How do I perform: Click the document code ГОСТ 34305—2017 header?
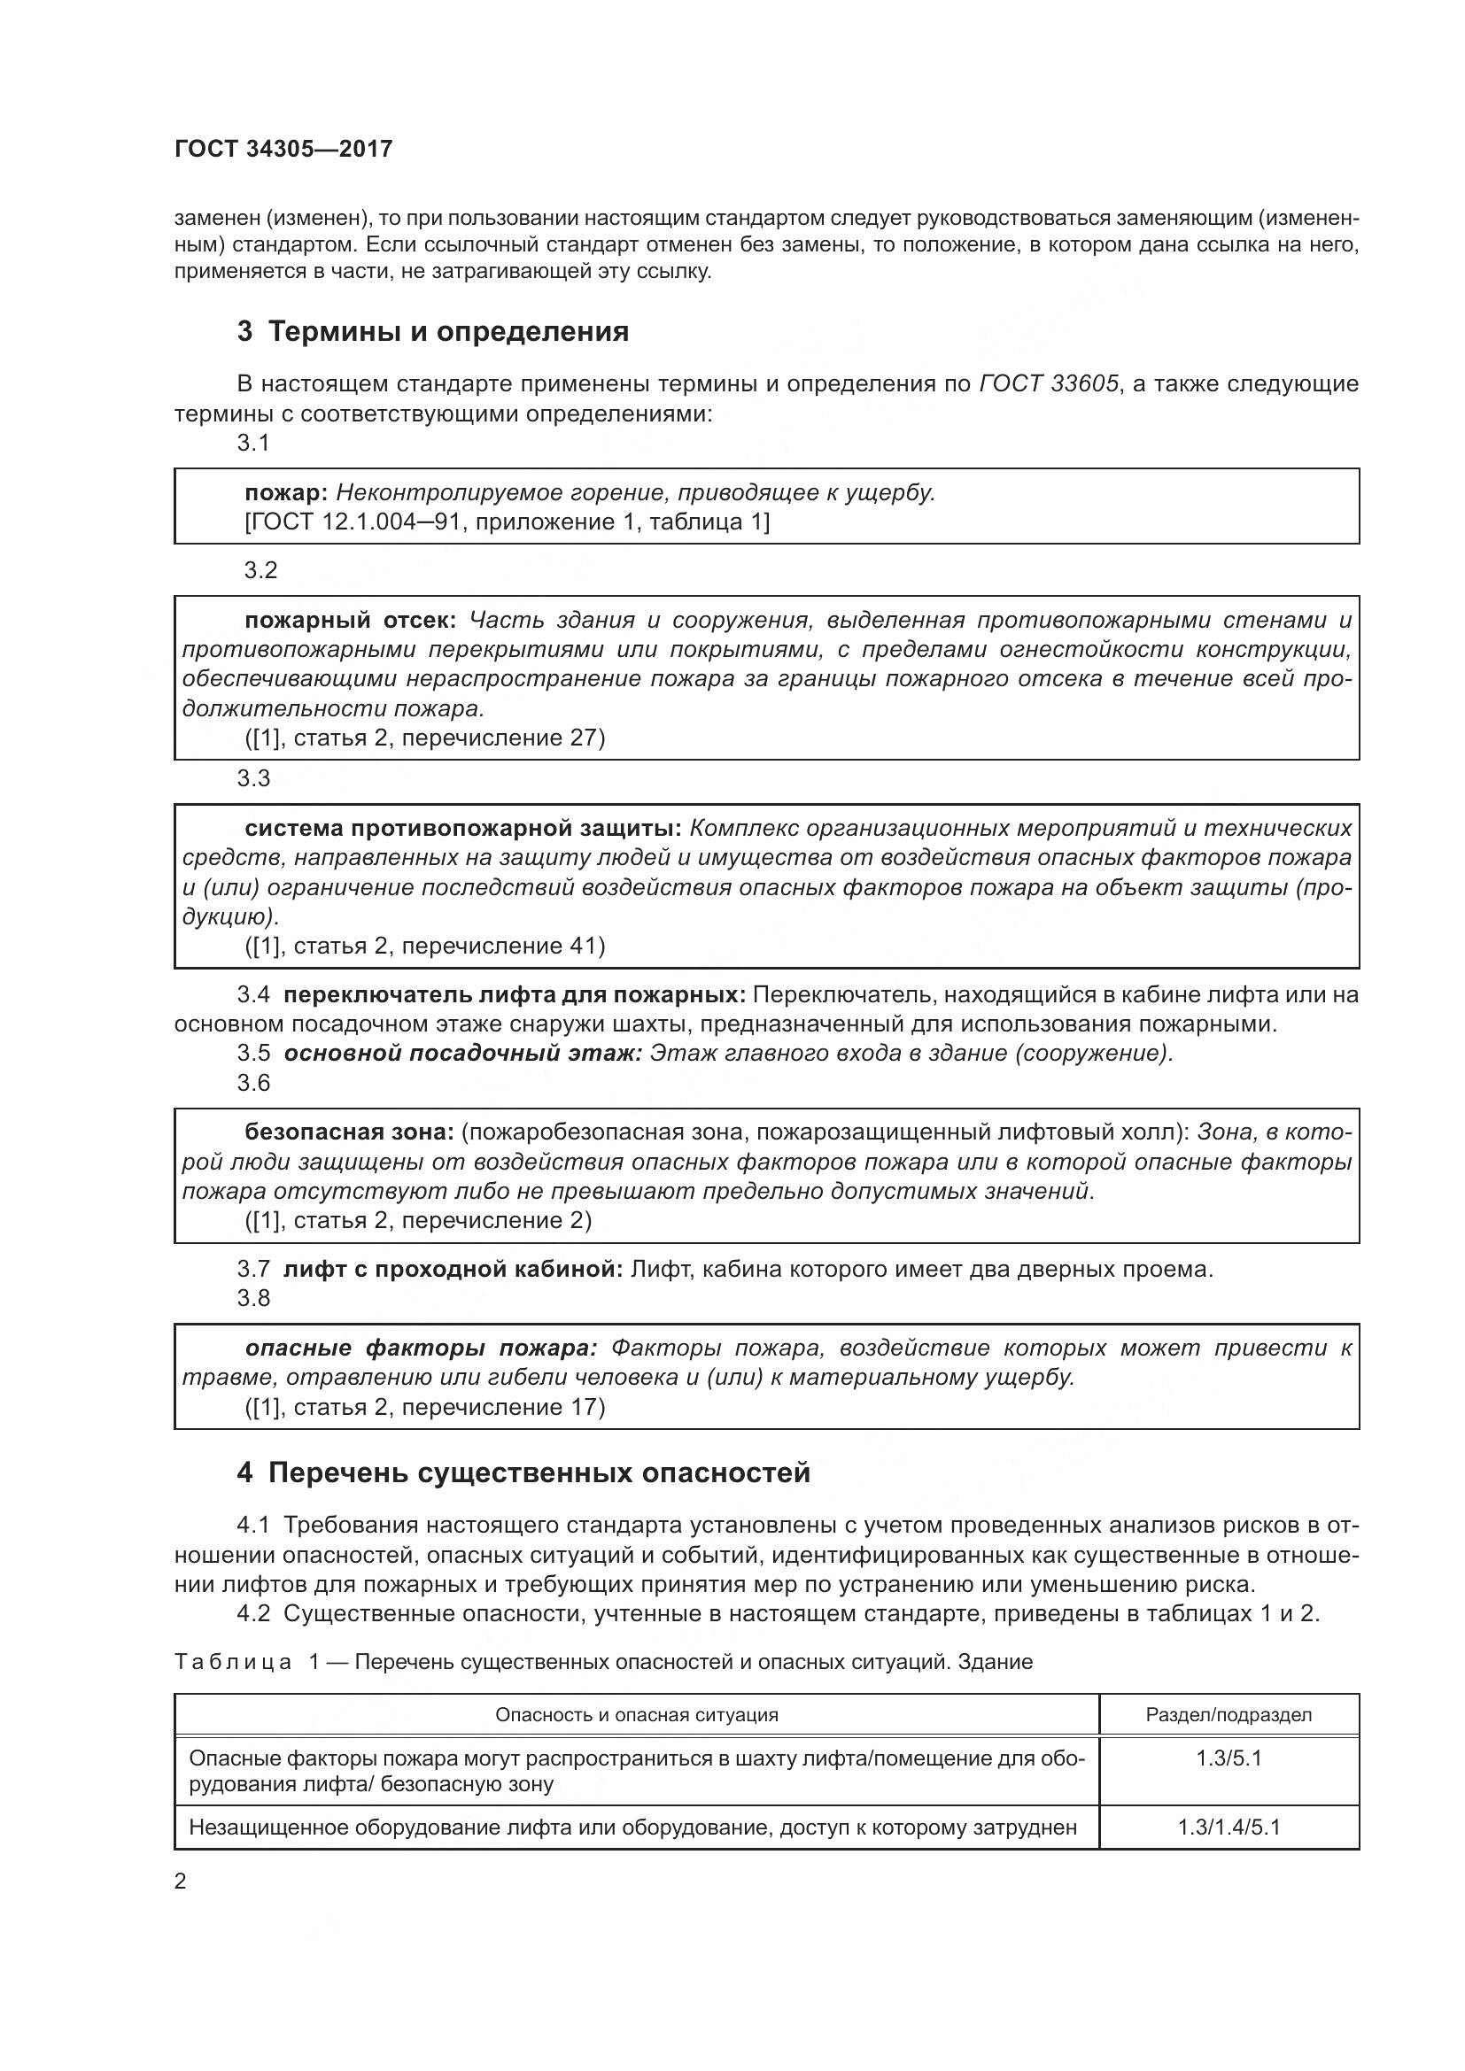pos(283,150)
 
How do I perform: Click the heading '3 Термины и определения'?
pos(432,332)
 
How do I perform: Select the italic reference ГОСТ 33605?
pos(1048,384)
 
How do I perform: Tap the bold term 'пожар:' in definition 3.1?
pos(286,492)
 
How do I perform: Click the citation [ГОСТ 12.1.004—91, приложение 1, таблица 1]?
pos(507,522)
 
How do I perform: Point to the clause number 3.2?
pos(260,570)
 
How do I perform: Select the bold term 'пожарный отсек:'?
pos(351,621)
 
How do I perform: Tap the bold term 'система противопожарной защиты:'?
pos(462,828)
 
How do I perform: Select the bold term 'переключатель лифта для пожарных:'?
pos(515,995)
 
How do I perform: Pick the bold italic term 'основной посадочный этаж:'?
pos(461,1053)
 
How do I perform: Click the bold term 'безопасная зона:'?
pos(349,1132)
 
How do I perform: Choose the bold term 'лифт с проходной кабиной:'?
pos(453,1269)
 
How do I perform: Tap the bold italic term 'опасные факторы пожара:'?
pos(421,1348)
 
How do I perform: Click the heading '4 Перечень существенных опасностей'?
pos(523,1473)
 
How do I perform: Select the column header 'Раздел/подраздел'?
pos(1228,1715)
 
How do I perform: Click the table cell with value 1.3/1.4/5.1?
pos(1228,1828)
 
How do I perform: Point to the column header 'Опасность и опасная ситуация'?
pos(636,1715)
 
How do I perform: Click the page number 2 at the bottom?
pos(181,1882)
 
